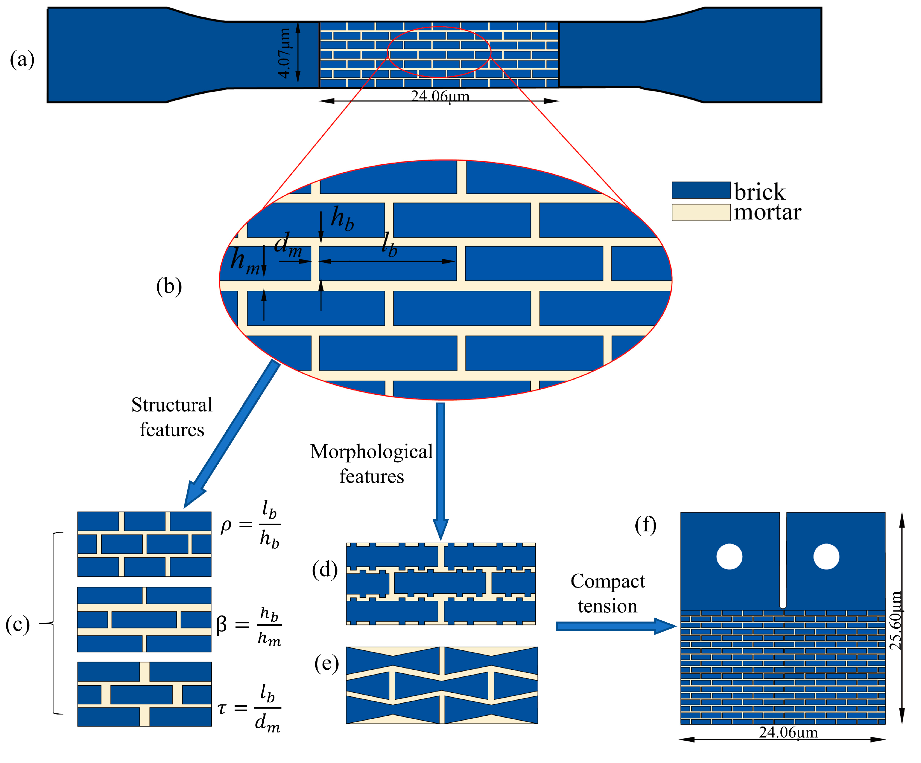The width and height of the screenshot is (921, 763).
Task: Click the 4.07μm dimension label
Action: (x=284, y=53)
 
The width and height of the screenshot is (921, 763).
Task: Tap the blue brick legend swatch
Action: (x=701, y=190)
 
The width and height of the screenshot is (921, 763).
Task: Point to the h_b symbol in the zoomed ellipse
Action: (x=342, y=218)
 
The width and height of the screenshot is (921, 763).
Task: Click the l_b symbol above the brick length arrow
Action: (x=389, y=244)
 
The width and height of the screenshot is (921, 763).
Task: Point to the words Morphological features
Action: (x=372, y=464)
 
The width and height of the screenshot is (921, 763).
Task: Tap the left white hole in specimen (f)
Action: (x=729, y=557)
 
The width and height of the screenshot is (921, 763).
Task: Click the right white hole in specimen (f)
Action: (x=826, y=557)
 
